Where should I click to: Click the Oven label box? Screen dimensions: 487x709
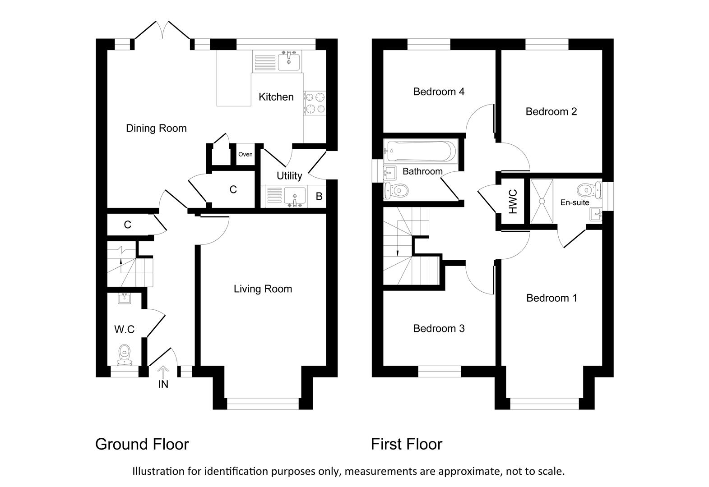(246, 155)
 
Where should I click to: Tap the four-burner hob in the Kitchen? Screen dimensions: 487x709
(315, 103)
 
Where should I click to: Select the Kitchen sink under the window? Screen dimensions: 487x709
(288, 60)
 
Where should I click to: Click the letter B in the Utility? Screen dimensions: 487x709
(319, 197)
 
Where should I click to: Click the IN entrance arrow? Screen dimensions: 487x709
(163, 373)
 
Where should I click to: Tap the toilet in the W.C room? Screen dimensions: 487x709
(124, 354)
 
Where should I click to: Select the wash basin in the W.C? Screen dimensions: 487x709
(124, 298)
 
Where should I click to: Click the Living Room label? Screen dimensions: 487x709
(263, 289)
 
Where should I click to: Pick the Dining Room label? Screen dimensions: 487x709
(156, 129)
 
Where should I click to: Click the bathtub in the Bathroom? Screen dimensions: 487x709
(420, 151)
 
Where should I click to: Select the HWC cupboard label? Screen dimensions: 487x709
(513, 201)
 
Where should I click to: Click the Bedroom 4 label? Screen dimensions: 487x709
(439, 92)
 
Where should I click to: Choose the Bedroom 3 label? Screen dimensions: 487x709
(439, 329)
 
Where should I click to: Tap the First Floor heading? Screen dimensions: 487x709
(406, 445)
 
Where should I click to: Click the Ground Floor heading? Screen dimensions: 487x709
(142, 445)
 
